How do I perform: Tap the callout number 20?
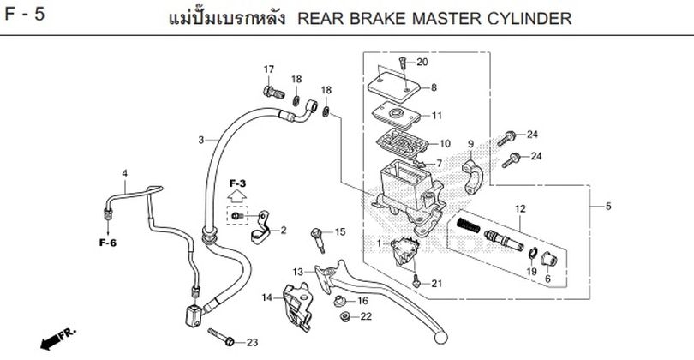(422, 63)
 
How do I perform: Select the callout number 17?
(268, 69)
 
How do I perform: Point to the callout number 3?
(200, 140)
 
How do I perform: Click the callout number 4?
(124, 174)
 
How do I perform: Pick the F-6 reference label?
(107, 243)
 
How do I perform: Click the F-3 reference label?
(237, 184)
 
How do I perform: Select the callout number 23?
(252, 343)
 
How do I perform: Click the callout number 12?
(518, 208)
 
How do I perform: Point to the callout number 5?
(608, 207)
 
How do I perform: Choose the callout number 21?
(436, 284)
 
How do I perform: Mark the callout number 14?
(266, 297)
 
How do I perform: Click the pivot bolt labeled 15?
(320, 235)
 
